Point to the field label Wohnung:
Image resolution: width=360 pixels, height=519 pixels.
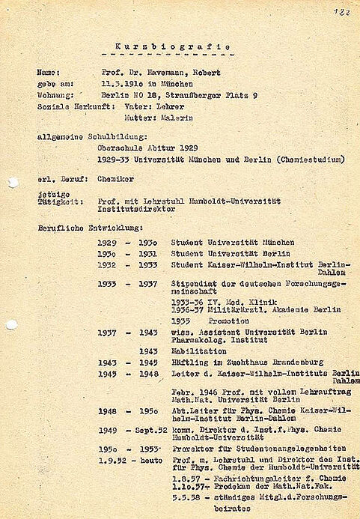click(55, 97)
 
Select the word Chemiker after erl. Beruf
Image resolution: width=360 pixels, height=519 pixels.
click(113, 180)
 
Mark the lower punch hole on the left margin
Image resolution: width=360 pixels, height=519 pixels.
click(10, 325)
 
